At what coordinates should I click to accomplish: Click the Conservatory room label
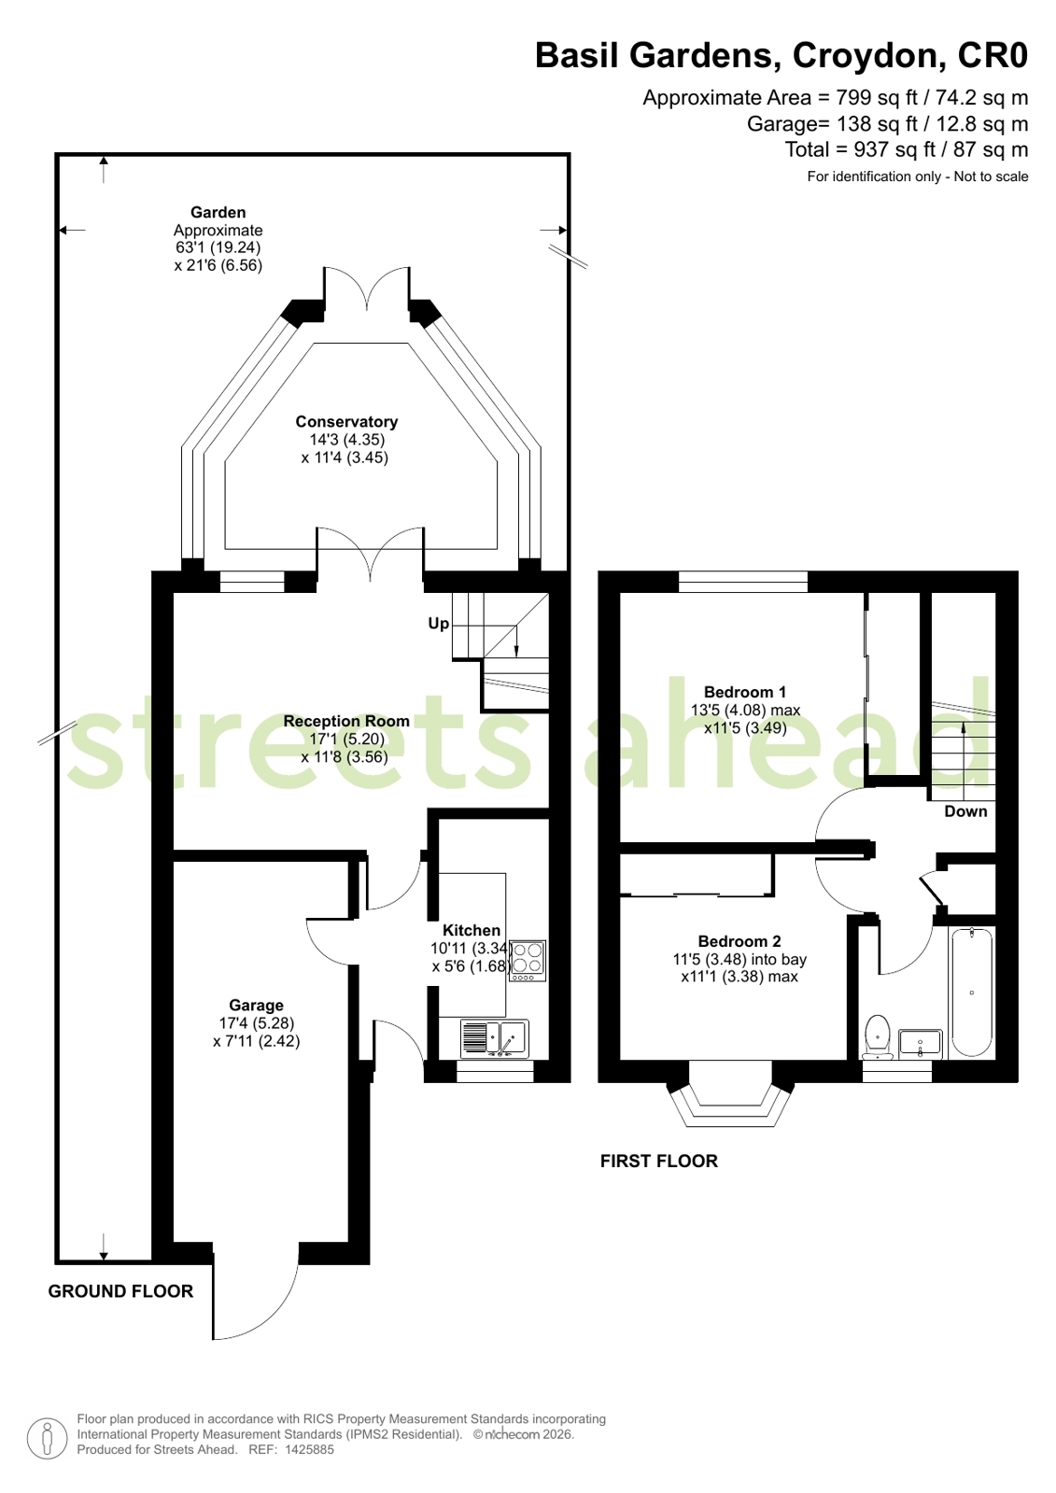[x=346, y=422]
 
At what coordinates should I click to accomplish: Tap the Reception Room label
[x=346, y=721]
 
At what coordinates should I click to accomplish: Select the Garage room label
[x=256, y=1005]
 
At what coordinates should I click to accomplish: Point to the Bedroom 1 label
[x=745, y=692]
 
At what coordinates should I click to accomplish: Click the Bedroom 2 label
[x=739, y=941]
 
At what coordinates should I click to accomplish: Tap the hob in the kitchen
[x=528, y=961]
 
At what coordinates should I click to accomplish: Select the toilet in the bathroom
[x=878, y=1037]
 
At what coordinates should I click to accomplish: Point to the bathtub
[x=972, y=993]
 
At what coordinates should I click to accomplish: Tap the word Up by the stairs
[x=438, y=624]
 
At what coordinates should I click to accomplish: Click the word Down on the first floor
[x=965, y=811]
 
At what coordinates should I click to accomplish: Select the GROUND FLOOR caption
[x=120, y=1291]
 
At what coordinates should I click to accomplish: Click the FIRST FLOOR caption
[x=658, y=1162]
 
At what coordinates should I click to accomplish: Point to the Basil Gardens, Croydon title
[x=781, y=55]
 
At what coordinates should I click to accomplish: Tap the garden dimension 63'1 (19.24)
[x=218, y=247]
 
